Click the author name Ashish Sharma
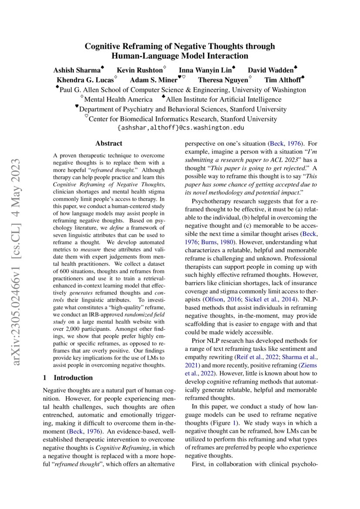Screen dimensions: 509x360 pos(76,70)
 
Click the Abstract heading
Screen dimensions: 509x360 pos(108,143)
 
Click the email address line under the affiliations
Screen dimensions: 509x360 pos(180,128)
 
